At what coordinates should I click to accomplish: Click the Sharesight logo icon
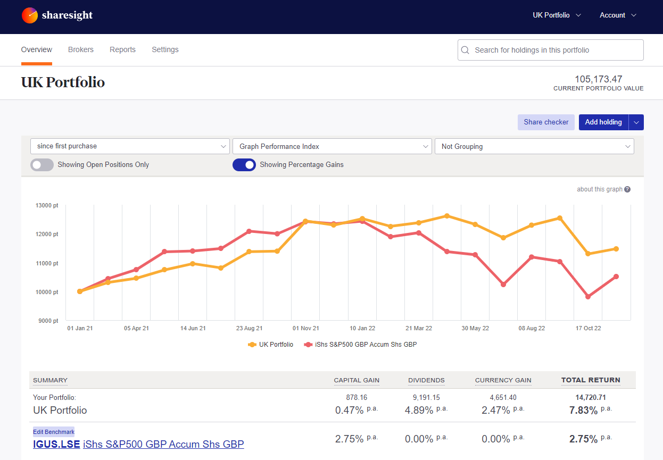tap(30, 15)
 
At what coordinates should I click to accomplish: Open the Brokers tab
tap(81, 49)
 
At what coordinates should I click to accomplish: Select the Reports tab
tap(122, 49)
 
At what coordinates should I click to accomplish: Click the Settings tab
tap(165, 49)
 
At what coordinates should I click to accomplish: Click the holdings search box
tap(551, 50)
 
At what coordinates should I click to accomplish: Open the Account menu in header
tap(617, 15)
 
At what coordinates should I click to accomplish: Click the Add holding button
tap(603, 122)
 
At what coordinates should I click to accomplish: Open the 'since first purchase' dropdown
tap(130, 146)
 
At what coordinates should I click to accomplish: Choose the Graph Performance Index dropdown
tap(332, 146)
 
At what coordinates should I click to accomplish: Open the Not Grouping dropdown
tap(534, 146)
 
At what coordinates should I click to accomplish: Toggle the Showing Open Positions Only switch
tap(42, 165)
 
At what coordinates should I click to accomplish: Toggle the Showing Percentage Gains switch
tap(244, 165)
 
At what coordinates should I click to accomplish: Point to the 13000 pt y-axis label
tap(47, 205)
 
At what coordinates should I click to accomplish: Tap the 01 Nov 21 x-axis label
tap(306, 328)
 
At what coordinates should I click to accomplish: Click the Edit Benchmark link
tap(54, 432)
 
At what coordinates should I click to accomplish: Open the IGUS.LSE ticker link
tap(56, 445)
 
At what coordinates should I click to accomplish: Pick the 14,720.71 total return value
tap(591, 397)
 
